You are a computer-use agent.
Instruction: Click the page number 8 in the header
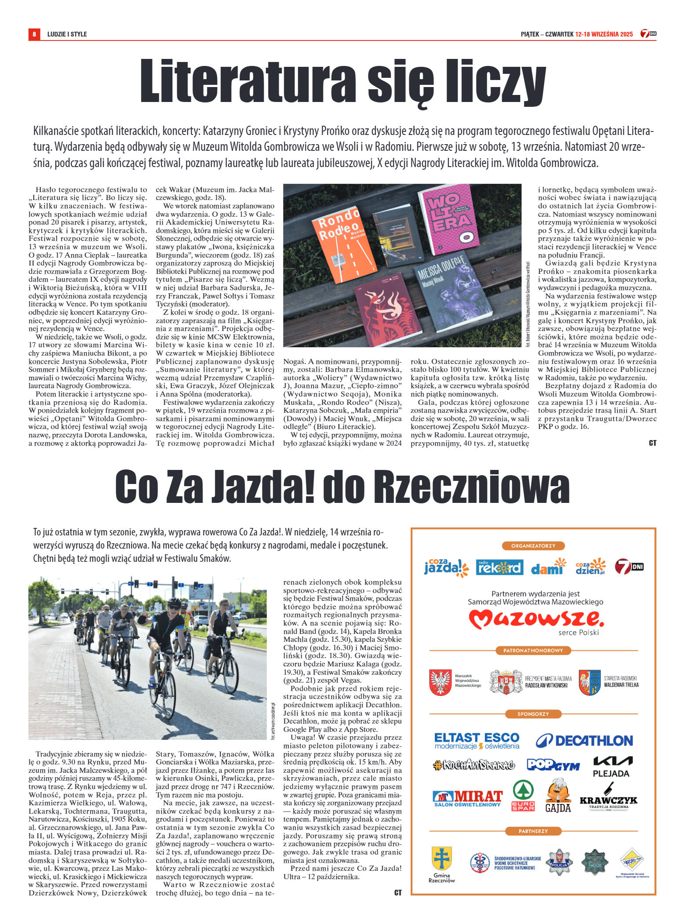point(34,34)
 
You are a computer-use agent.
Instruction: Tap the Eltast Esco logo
point(477,741)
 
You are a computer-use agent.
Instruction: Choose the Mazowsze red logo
point(536,619)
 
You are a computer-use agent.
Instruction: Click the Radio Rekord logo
point(499,567)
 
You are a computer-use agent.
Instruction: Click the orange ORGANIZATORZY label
point(533,546)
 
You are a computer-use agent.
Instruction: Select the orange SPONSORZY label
point(533,714)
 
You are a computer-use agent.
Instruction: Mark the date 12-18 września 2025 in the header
point(604,34)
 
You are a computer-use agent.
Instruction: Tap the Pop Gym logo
point(553,765)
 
